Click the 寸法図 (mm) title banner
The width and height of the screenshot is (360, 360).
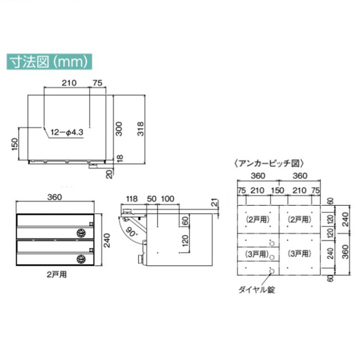point(49,62)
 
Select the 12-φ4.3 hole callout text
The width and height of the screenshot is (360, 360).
point(67,133)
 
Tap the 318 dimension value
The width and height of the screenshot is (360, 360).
point(140,129)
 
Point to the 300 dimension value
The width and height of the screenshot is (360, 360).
point(119,129)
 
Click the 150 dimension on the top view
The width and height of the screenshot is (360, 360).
point(14,144)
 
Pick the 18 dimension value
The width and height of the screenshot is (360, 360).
point(119,158)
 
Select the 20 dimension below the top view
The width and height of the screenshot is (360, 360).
point(110,174)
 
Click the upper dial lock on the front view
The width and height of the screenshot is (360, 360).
point(81,233)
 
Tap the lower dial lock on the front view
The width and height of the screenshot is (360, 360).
point(81,259)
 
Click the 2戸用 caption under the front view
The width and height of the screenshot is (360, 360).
point(57,274)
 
